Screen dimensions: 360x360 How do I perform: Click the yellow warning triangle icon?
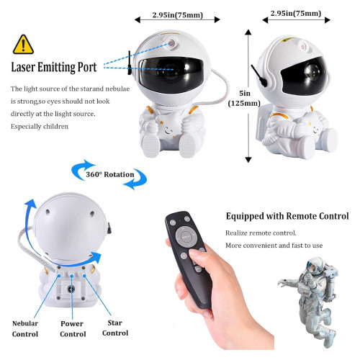pos(23,45)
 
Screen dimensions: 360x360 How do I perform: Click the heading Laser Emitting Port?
pos(54,67)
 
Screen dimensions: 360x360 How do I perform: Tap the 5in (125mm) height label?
pos(244,98)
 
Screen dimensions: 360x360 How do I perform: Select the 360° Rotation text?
pos(110,174)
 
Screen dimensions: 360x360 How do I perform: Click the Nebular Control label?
pos(25,329)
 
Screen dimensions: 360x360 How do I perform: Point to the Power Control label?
pos(73,329)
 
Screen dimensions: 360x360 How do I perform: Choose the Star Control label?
pos(115,328)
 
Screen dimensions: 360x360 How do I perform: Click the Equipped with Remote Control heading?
pos(287,216)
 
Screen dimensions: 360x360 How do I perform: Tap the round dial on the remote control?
pos(184,236)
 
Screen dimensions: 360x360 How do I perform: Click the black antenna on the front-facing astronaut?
pos(130,63)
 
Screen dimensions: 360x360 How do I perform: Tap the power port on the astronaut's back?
pos(71,289)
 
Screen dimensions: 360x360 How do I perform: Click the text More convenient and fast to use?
pos(274,246)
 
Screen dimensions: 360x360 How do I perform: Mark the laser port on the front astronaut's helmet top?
pos(172,43)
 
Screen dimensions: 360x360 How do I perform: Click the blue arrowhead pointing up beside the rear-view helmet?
pos(31,203)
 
